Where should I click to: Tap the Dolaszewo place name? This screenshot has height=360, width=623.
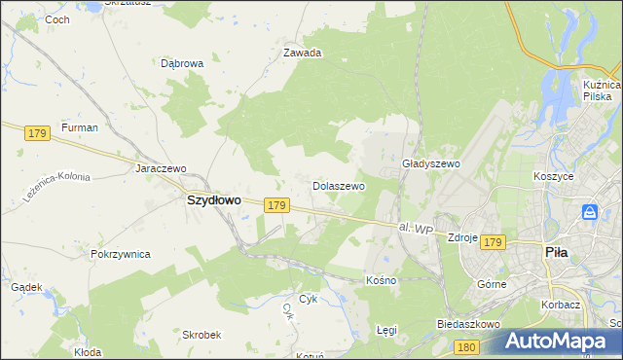click(x=338, y=185)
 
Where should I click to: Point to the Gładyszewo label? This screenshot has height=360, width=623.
click(x=430, y=164)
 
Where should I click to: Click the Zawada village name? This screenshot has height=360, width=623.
click(x=302, y=54)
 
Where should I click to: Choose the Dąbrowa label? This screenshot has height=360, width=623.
click(x=182, y=63)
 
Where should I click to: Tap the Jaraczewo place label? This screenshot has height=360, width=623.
click(x=161, y=167)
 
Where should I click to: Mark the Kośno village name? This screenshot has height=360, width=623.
click(x=381, y=279)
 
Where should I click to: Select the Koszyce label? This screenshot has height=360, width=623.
click(x=553, y=176)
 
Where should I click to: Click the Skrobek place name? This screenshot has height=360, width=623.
click(x=200, y=334)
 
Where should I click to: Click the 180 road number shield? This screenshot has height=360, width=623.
click(x=466, y=346)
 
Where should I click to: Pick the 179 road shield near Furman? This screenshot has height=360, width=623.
click(x=38, y=132)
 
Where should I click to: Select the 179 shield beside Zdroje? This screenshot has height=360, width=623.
click(x=493, y=241)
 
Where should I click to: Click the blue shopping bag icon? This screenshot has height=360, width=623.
click(x=590, y=211)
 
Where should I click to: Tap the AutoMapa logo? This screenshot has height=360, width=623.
click(x=559, y=342)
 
